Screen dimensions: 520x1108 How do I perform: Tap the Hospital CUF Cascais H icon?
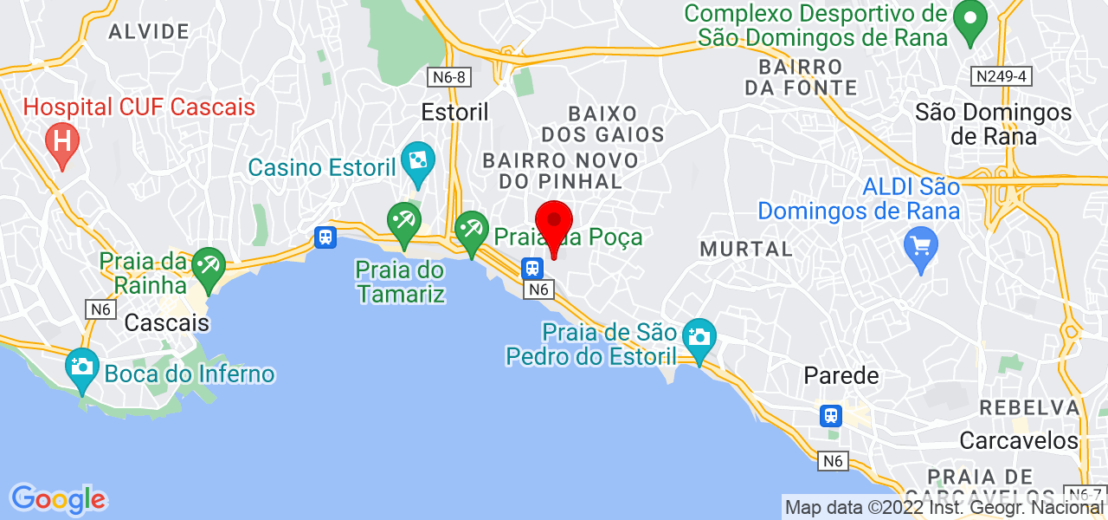pos(62,140)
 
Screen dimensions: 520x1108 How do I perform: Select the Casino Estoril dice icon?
pos(417,161)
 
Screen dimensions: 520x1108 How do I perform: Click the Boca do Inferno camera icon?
pos(82,367)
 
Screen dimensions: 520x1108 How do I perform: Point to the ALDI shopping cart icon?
pos(921,244)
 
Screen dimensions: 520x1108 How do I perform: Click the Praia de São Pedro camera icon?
pos(698,335)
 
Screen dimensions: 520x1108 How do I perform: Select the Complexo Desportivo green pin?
pos(970,19)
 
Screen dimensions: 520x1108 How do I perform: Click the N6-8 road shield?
pos(449,77)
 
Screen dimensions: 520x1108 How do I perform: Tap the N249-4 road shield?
pos(1002,76)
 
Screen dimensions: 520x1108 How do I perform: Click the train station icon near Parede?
pos(831,415)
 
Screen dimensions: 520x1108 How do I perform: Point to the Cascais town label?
pos(167,323)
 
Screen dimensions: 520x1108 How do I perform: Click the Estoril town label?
pos(455,112)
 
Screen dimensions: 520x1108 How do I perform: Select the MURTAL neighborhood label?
pos(745,250)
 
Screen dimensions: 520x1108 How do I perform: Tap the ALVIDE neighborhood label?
pos(148,32)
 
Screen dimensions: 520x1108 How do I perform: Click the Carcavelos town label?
pos(1019,440)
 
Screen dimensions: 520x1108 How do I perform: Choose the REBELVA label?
pos(1028,407)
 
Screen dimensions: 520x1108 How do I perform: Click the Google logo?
pos(58,499)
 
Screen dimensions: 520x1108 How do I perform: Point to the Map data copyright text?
pos(944,507)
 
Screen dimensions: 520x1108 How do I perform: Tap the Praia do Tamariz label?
pos(400,283)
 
